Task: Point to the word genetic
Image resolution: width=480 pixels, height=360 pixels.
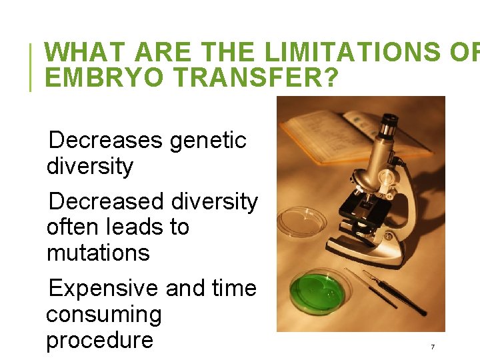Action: coord(208,141)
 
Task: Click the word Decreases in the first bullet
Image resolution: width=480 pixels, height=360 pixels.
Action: coord(105,141)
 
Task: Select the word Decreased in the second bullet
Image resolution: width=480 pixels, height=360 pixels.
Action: coord(106,201)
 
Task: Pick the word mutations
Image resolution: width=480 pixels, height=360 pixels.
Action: coord(98,253)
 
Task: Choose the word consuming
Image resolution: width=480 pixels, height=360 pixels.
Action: coord(104,315)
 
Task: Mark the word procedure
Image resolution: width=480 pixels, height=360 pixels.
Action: coord(99,341)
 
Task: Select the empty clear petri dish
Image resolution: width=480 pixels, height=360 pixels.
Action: coord(302,222)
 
